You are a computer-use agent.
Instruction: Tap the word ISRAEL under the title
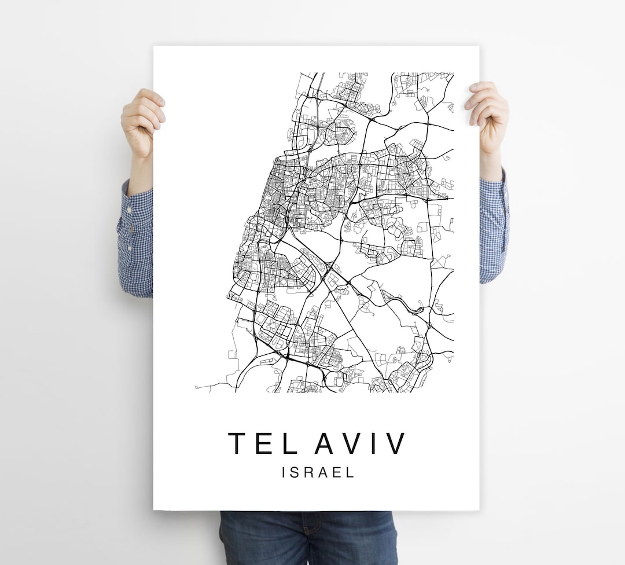pyautogui.click(x=318, y=472)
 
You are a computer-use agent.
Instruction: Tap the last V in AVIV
pyautogui.click(x=396, y=443)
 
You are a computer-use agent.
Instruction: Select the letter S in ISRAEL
pyautogui.click(x=295, y=472)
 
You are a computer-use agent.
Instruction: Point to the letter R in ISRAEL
pyautogui.click(x=308, y=472)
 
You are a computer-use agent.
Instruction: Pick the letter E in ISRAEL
pyautogui.click(x=336, y=472)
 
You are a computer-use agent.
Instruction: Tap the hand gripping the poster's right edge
pyautogui.click(x=487, y=116)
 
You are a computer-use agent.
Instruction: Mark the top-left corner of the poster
pyautogui.click(x=154, y=47)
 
